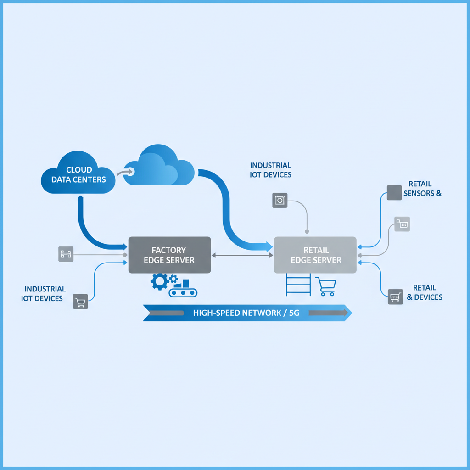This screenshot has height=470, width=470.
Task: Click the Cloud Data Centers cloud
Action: click(x=78, y=174)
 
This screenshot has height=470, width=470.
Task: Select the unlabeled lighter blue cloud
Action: click(x=158, y=168)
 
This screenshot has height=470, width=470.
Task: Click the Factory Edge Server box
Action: click(x=169, y=255)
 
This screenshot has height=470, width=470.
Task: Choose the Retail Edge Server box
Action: click(x=315, y=255)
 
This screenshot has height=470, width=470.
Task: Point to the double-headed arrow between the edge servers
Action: click(x=242, y=255)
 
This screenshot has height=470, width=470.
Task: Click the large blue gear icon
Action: click(x=159, y=282)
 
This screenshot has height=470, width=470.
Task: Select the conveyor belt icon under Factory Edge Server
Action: click(x=183, y=292)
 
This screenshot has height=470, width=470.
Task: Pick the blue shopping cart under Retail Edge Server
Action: click(x=325, y=287)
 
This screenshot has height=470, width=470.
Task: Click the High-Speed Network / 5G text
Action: click(x=246, y=313)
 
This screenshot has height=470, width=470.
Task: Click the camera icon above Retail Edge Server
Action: click(x=280, y=200)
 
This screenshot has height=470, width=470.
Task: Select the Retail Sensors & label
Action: click(x=422, y=189)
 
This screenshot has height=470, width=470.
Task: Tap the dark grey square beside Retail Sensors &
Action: click(x=394, y=192)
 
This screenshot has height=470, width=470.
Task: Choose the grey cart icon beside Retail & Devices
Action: click(x=395, y=297)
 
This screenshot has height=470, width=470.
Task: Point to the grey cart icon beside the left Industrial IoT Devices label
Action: click(x=81, y=302)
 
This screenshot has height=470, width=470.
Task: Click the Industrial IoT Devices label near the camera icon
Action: click(x=270, y=170)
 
